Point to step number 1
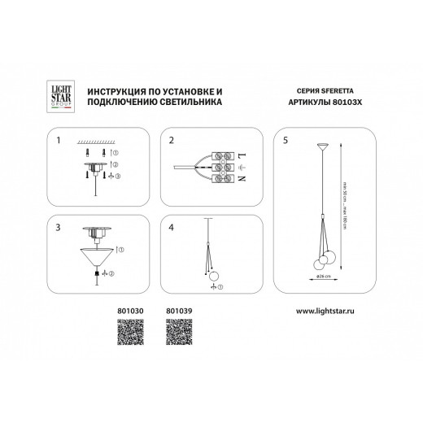(x=58, y=140)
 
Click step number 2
(x=172, y=140)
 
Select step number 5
(x=285, y=140)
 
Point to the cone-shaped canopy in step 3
(x=97, y=259)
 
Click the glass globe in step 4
(x=214, y=274)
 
